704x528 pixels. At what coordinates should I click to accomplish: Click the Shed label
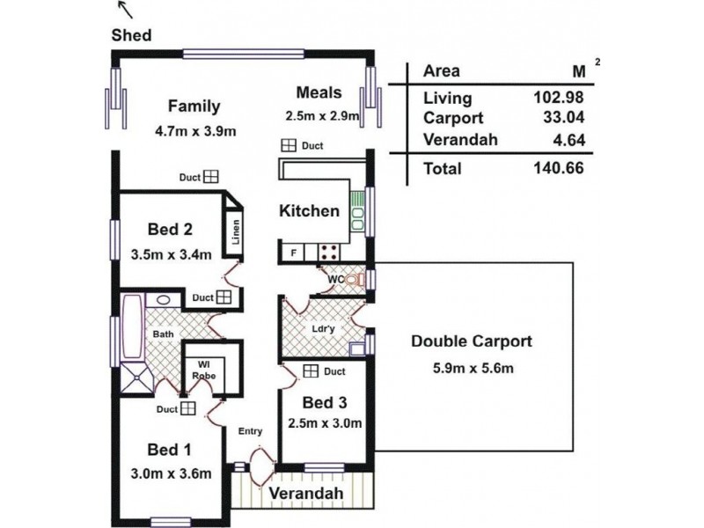pyautogui.click(x=131, y=35)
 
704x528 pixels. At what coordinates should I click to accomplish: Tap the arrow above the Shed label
pyautogui.click(x=126, y=10)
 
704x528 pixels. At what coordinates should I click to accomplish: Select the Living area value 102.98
pyautogui.click(x=559, y=97)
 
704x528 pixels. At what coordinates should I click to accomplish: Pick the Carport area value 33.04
pyautogui.click(x=564, y=117)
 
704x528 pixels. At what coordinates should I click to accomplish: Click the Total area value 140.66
pyautogui.click(x=559, y=168)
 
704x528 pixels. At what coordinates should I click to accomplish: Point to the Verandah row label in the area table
pyautogui.click(x=460, y=140)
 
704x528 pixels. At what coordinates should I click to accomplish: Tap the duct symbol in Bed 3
pyautogui.click(x=311, y=370)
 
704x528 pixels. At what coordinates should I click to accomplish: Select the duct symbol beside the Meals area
pyautogui.click(x=289, y=145)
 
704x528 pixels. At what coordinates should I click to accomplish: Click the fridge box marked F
pyautogui.click(x=293, y=253)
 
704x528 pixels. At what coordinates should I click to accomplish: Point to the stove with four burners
pyautogui.click(x=328, y=253)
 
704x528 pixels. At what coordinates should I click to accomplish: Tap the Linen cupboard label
pyautogui.click(x=236, y=232)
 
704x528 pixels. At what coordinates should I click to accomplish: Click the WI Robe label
pyautogui.click(x=204, y=370)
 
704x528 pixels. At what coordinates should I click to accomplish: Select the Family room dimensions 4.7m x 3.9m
pyautogui.click(x=195, y=131)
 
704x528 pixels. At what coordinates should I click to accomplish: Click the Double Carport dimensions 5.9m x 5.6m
pyautogui.click(x=473, y=369)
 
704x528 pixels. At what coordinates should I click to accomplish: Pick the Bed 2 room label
pyautogui.click(x=170, y=229)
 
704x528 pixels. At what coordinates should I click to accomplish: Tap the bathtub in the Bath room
pyautogui.click(x=133, y=326)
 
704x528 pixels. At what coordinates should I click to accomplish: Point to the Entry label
pyautogui.click(x=250, y=431)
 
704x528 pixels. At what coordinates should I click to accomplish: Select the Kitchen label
pyautogui.click(x=310, y=210)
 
